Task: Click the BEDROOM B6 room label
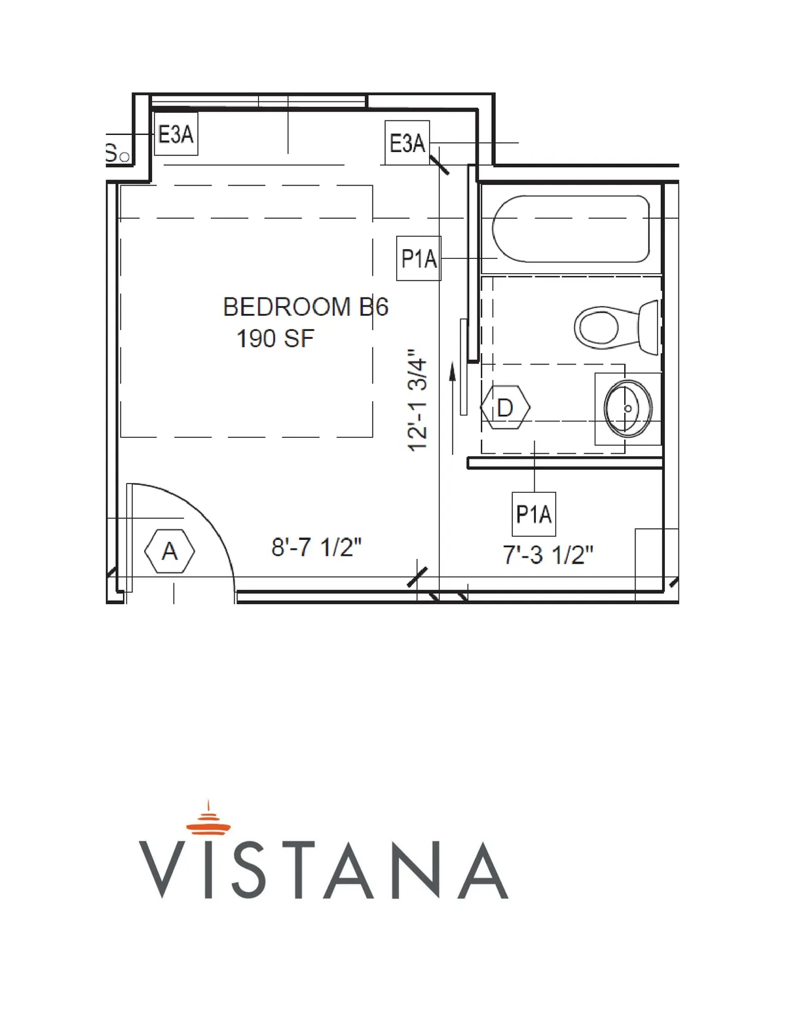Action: click(305, 307)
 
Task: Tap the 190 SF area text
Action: click(275, 339)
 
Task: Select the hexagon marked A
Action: click(169, 551)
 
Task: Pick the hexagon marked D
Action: click(504, 407)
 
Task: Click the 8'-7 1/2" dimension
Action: click(316, 547)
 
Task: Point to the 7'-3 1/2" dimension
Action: click(548, 555)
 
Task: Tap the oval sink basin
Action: click(627, 409)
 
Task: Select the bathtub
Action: click(571, 229)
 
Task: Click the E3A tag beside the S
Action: click(176, 134)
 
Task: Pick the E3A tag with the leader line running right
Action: click(407, 143)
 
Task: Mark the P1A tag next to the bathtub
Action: click(419, 258)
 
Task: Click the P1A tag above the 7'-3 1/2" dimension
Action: click(534, 514)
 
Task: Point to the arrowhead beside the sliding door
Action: click(452, 371)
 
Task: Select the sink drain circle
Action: click(628, 409)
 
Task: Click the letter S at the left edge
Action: click(111, 153)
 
